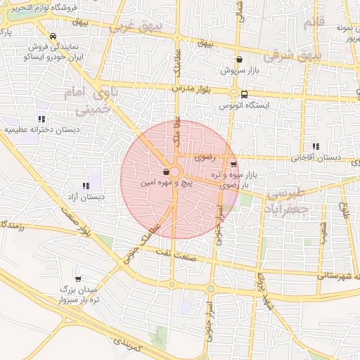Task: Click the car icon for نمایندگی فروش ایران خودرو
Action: tap(53, 36)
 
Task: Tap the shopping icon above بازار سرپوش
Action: tap(241, 60)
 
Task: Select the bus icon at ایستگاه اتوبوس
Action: tap(244, 94)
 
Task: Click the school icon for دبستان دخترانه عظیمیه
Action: tap(41, 119)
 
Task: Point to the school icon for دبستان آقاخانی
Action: tap(315, 146)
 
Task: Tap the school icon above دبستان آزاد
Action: tap(86, 186)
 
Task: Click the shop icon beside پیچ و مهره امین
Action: tap(165, 172)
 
